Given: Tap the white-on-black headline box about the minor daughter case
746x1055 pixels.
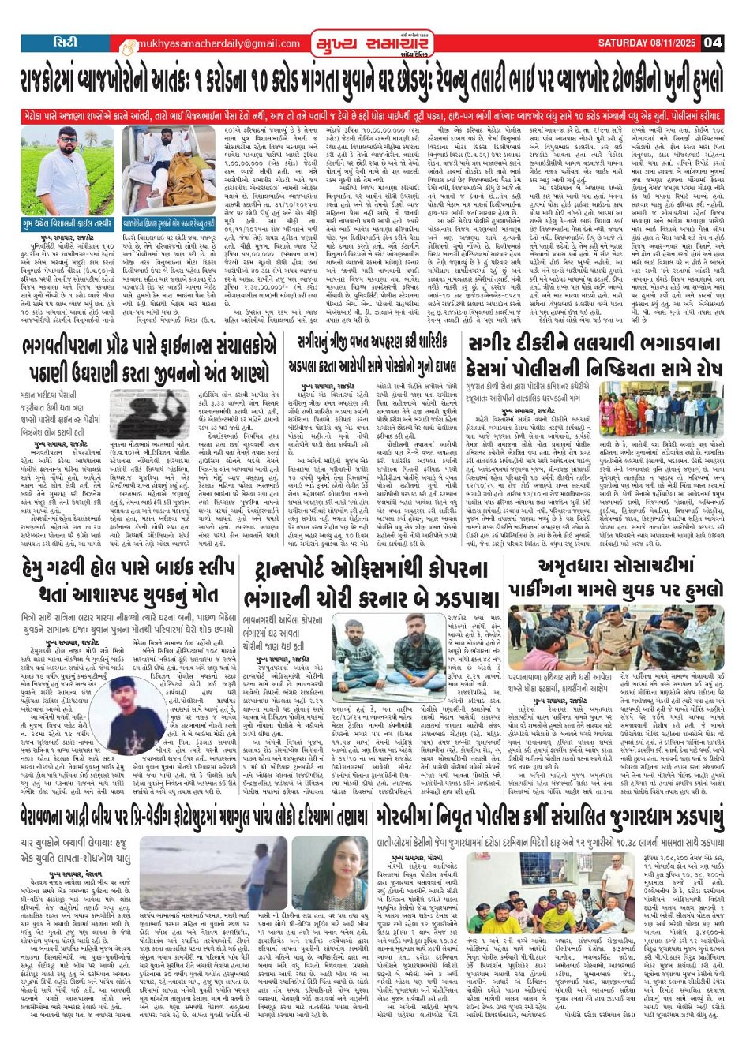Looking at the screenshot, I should tap(593, 354).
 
